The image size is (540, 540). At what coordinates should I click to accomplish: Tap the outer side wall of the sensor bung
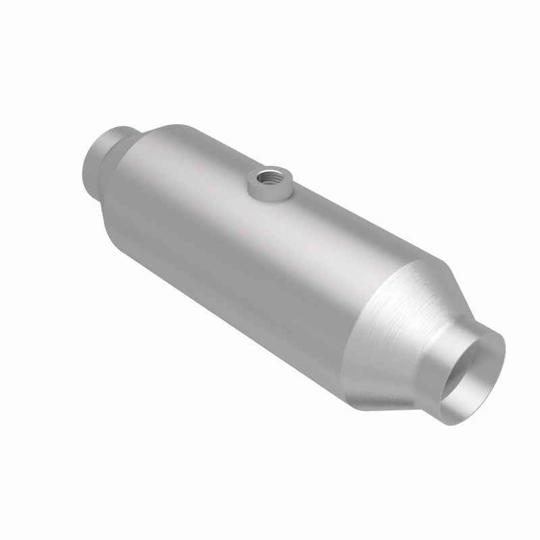(x=261, y=192)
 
